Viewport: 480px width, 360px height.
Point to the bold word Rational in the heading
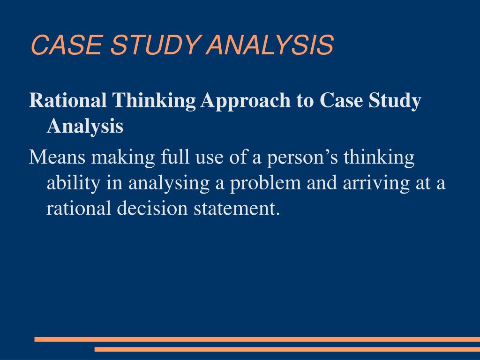tap(67, 101)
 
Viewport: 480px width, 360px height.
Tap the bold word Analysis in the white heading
tap(85, 126)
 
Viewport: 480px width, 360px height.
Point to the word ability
tap(73, 183)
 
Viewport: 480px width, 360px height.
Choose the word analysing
tap(169, 183)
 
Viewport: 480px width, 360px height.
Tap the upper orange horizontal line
tap(257, 339)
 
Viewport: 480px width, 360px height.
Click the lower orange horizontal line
tap(287, 349)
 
